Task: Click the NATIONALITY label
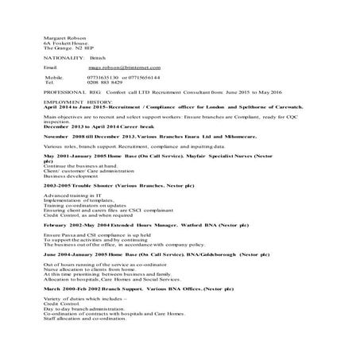(x=64, y=57)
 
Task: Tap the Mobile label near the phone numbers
(x=54, y=78)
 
